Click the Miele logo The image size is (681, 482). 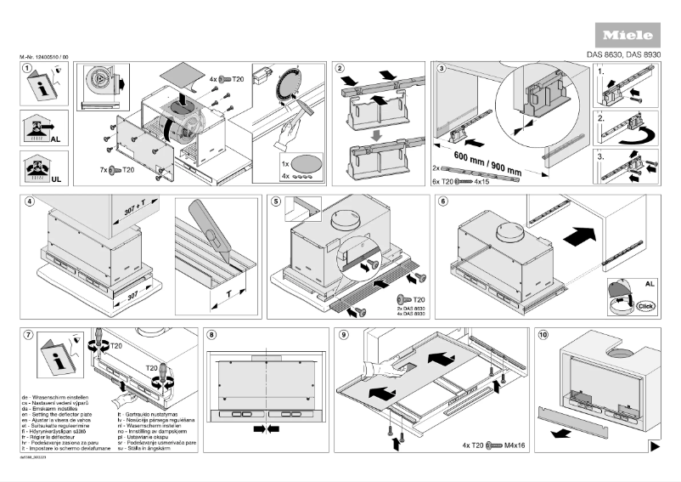click(628, 37)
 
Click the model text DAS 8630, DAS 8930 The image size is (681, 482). click(624, 56)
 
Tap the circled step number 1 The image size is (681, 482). click(28, 68)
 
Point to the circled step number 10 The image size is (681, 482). click(543, 335)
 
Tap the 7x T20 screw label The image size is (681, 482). click(116, 171)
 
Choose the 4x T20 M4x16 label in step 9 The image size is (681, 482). click(495, 445)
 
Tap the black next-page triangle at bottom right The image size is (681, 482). click(655, 445)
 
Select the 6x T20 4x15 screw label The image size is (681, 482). click(459, 181)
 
